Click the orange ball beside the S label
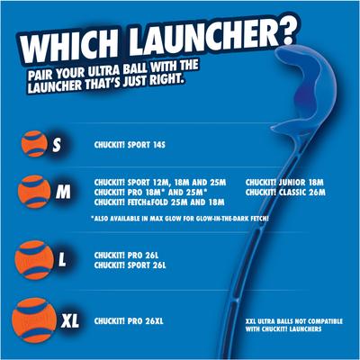click(x=37, y=144)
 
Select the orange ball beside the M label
click(x=36, y=192)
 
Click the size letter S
click(x=58, y=144)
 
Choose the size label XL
click(x=71, y=320)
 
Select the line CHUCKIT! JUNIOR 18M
click(x=281, y=181)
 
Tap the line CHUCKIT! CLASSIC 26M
click(x=283, y=192)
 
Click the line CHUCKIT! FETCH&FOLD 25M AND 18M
click(x=154, y=202)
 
